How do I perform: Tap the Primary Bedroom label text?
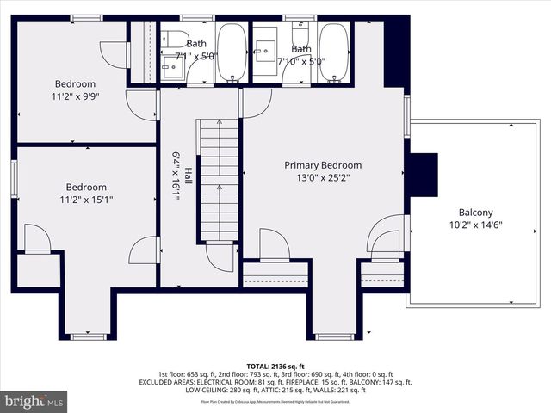click(x=323, y=165)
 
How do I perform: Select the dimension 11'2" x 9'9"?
click(x=75, y=97)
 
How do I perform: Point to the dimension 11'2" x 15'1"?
click(x=86, y=200)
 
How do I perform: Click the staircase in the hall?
click(x=219, y=181)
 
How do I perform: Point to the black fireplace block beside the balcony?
click(x=423, y=175)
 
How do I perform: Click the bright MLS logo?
click(x=34, y=401)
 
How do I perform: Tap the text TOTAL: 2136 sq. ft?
click(x=275, y=366)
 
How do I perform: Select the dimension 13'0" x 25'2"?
click(x=323, y=178)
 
